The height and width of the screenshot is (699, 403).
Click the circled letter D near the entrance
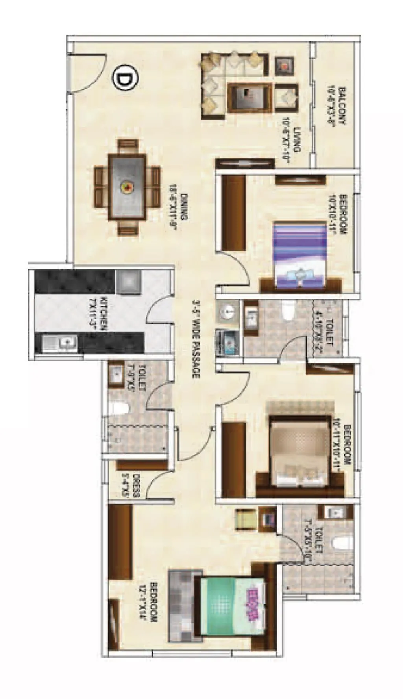(x=125, y=79)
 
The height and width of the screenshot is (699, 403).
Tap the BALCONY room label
(x=337, y=106)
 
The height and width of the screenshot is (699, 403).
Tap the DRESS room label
(x=131, y=487)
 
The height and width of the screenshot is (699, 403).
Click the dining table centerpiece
(x=127, y=187)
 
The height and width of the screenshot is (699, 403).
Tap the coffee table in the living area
(x=249, y=97)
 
